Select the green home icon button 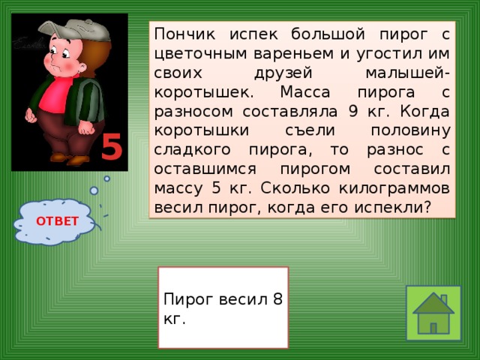click(433, 313)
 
